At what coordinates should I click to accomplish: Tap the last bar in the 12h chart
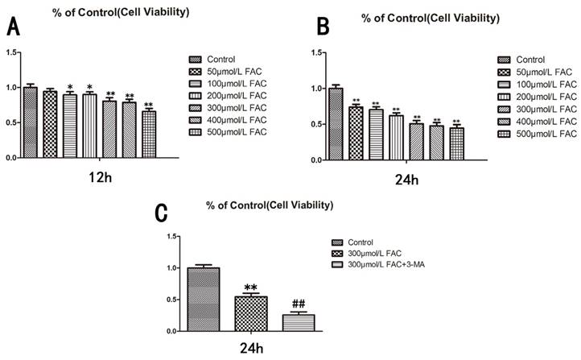pos(149,134)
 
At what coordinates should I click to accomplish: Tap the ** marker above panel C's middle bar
pos(252,287)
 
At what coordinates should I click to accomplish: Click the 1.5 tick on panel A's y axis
pos(12,52)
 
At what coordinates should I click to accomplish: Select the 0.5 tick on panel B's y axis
pos(315,122)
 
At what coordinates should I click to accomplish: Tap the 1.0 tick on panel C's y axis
pos(171,267)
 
